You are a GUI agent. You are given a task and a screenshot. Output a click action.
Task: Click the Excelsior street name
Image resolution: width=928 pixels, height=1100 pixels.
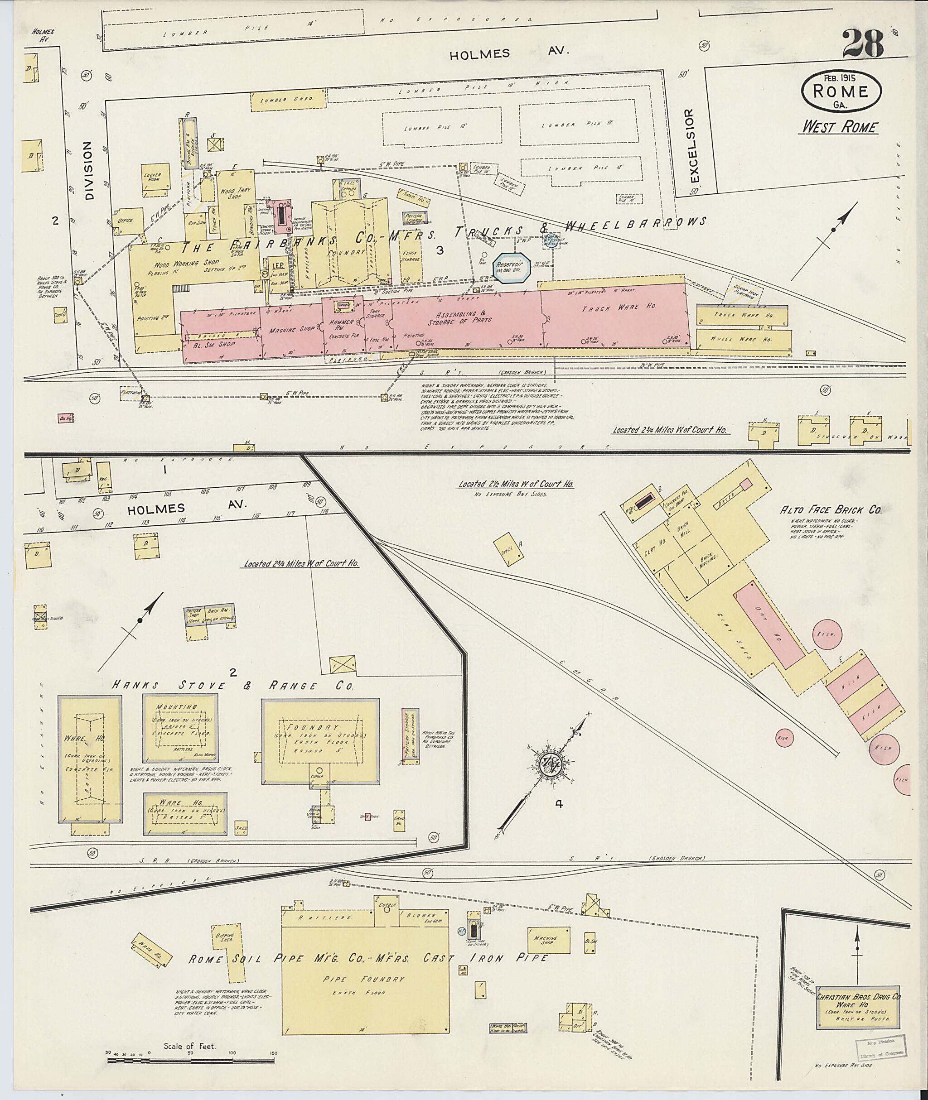click(x=690, y=153)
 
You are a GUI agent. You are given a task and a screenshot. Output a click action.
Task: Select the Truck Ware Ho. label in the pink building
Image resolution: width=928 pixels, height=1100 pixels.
click(x=619, y=307)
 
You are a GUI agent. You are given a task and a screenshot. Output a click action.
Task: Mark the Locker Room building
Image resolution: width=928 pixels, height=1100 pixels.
click(x=156, y=179)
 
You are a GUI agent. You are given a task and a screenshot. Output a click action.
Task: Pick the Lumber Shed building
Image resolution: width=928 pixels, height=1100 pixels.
click(x=288, y=101)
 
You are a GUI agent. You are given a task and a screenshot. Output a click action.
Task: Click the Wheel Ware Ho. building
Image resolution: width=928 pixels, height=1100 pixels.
click(x=743, y=339)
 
